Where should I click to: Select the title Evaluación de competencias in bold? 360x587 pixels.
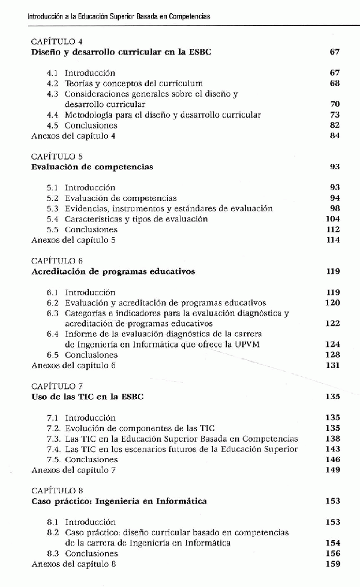tap(92, 167)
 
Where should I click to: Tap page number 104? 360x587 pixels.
tap(332, 219)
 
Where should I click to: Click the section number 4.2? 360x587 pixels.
tap(53, 83)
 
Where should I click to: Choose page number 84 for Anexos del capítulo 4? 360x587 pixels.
tap(335, 136)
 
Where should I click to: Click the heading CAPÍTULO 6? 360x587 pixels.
tap(57, 261)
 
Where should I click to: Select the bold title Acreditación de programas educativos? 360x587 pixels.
tap(113, 271)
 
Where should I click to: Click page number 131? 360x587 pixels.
tap(333, 365)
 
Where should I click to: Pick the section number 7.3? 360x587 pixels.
tap(53, 439)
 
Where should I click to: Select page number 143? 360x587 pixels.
tap(332, 449)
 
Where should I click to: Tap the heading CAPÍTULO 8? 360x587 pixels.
tap(57, 490)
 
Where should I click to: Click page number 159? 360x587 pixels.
tap(332, 564)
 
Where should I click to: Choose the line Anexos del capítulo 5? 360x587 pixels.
tap(74, 240)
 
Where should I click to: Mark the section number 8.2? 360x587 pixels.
tap(53, 533)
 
